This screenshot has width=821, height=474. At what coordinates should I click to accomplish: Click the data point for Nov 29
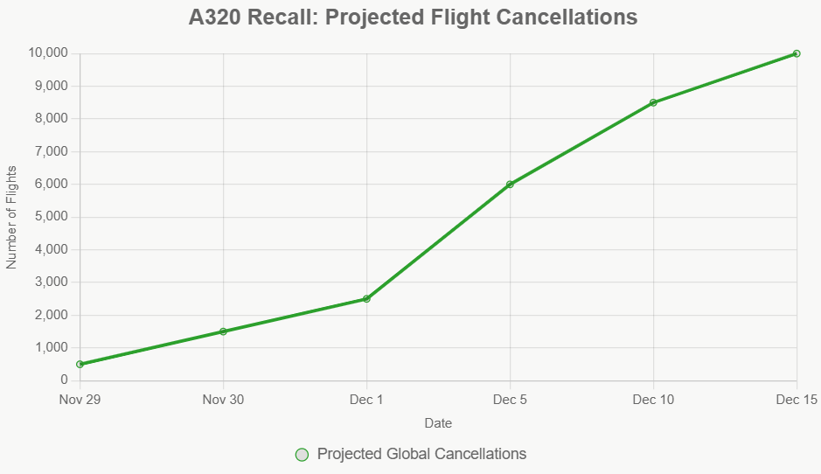80,364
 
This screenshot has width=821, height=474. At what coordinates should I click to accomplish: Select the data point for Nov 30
223,331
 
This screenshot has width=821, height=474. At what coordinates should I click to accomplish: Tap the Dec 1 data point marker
366,299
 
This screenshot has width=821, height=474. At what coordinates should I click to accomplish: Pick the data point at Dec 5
510,185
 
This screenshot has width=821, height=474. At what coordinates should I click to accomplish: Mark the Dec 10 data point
653,102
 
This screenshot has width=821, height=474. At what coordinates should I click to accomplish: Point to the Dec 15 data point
797,53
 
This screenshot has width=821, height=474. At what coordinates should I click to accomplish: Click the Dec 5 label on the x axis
510,400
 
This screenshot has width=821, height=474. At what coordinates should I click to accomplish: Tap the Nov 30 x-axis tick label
223,400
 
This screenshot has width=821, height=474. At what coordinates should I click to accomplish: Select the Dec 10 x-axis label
653,400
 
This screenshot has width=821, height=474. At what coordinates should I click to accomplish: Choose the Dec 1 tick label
366,400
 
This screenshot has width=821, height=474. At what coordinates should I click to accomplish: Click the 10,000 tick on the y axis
48,53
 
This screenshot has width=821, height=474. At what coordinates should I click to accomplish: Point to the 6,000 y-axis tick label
52,185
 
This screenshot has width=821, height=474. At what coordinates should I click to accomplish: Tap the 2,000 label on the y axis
52,315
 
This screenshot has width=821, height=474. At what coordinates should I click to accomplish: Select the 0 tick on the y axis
64,380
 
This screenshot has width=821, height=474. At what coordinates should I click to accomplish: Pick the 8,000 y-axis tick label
52,119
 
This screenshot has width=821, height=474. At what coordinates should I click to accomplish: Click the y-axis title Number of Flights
12,217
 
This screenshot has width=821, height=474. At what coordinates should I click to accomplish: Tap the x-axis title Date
438,423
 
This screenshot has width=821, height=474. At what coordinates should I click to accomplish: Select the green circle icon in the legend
303,454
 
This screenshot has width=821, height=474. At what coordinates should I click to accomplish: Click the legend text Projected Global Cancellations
421,454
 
